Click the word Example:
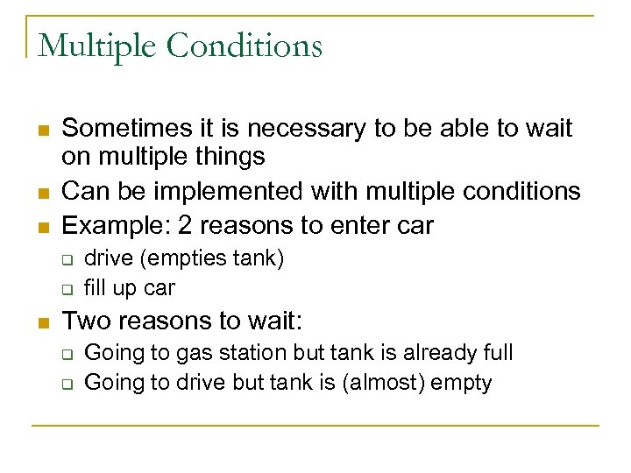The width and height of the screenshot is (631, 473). coord(115,225)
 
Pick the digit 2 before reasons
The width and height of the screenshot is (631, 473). coord(186,225)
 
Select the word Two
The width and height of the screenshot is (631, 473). coord(86,321)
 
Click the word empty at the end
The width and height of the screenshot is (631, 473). coord(468,383)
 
